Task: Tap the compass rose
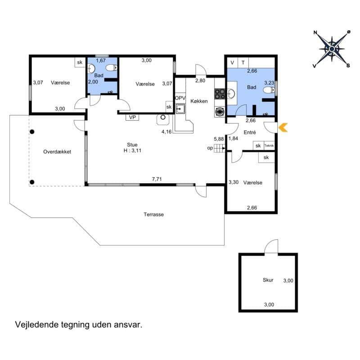tap(332, 48)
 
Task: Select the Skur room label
tap(268, 280)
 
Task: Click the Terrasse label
tap(153, 215)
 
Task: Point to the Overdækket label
tap(57, 152)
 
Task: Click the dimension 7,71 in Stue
tap(157, 179)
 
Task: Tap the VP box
tap(132, 117)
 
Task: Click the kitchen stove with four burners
tap(220, 94)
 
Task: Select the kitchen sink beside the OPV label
tap(180, 108)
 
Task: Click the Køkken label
tap(199, 101)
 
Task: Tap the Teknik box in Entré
tap(269, 145)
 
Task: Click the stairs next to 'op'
tap(219, 148)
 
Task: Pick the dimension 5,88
tap(219, 139)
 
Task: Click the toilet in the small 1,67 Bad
tap(111, 68)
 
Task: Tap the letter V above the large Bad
tap(232, 63)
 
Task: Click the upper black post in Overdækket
tap(32, 132)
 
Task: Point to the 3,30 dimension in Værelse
tap(233, 182)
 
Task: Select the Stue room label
tap(131, 145)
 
